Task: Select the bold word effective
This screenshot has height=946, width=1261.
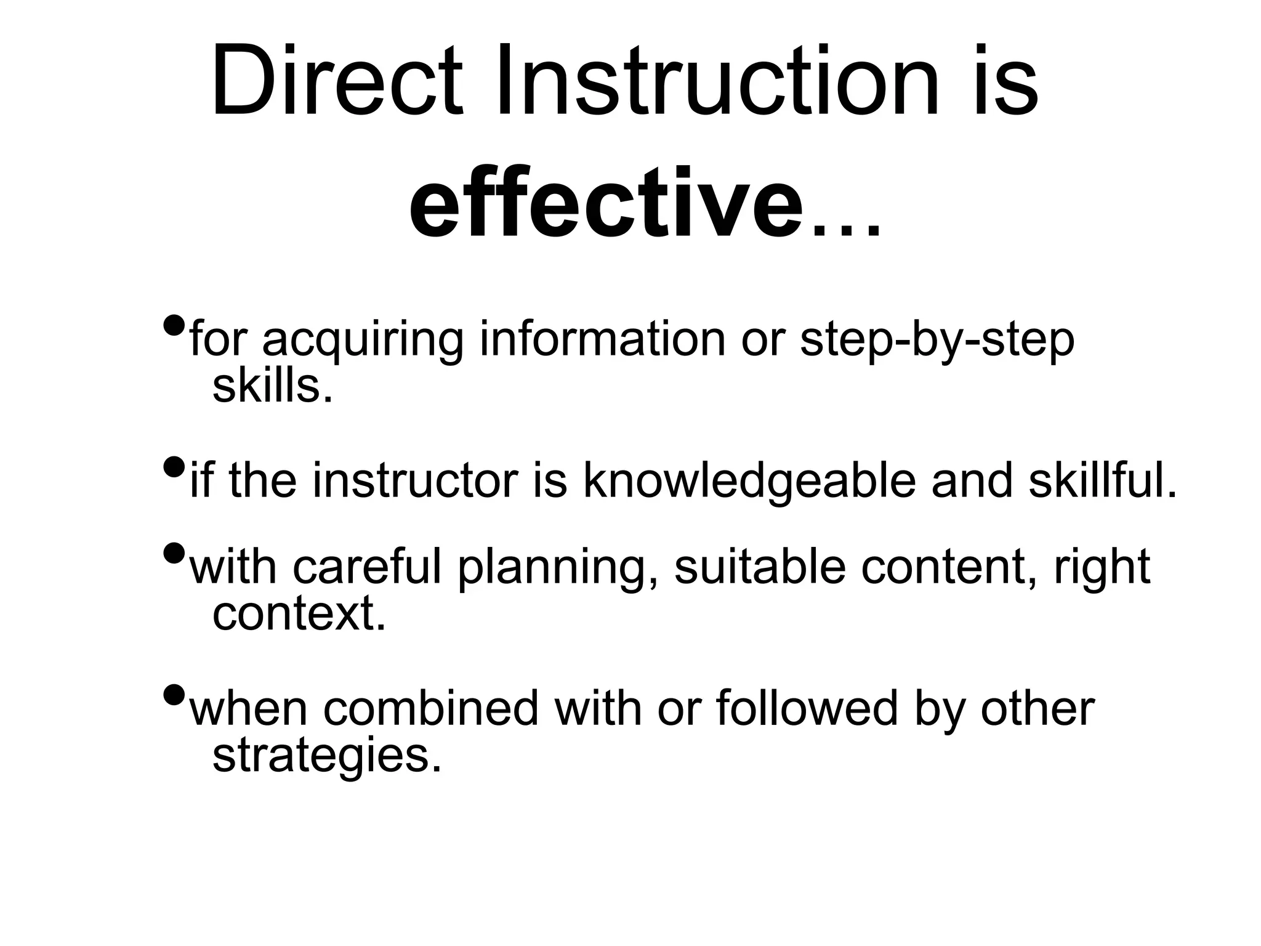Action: click(x=606, y=203)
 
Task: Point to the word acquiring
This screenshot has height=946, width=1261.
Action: click(x=363, y=340)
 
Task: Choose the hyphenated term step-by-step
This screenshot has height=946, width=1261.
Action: click(x=937, y=340)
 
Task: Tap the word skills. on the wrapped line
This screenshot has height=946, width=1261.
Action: click(x=272, y=387)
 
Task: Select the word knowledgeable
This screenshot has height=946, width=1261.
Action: click(x=749, y=481)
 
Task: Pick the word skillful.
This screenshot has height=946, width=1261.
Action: click(x=1103, y=481)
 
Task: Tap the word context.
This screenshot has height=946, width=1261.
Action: click(x=299, y=613)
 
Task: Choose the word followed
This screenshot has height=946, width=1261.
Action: click(x=807, y=709)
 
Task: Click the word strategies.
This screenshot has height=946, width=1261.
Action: click(x=327, y=756)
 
